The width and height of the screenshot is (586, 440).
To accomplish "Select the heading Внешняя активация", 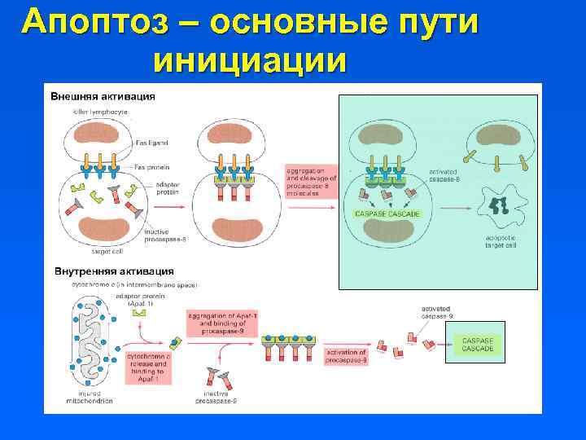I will point(103,95).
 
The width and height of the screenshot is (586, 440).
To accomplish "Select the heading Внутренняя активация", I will point(113,271).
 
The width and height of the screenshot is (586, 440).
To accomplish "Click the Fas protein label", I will point(151,166).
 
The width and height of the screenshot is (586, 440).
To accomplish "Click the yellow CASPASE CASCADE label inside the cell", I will point(387,213).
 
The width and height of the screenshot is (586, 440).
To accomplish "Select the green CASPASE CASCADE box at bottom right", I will point(477,344).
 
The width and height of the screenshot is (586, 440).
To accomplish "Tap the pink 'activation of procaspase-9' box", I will point(346,355).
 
